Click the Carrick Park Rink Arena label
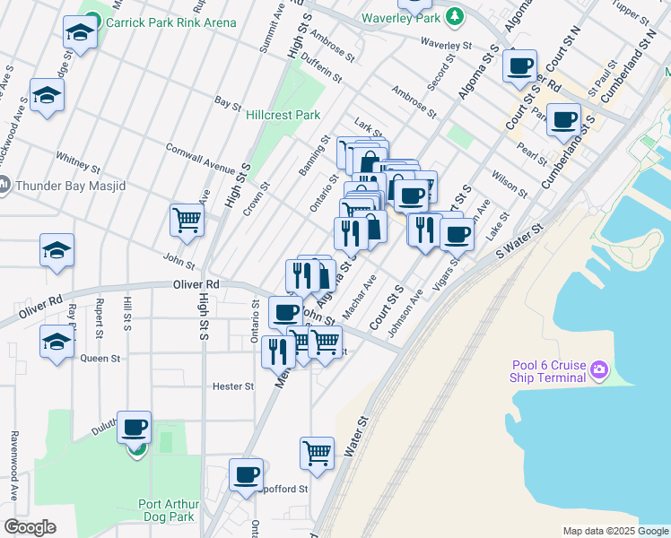click(x=170, y=22)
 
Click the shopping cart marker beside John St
click(x=187, y=218)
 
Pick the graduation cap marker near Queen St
click(x=57, y=342)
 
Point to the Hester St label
click(x=233, y=386)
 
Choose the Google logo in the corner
click(x=30, y=527)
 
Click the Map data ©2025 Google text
click(x=614, y=531)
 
